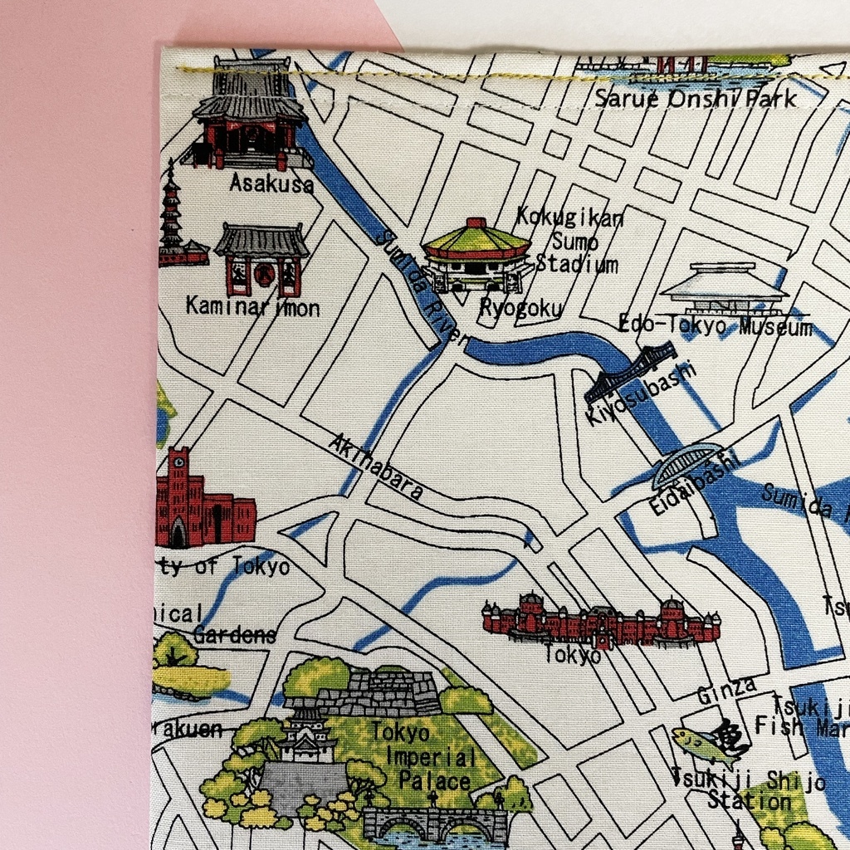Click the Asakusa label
[271, 183]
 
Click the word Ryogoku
[520, 308]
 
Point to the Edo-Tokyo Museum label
[716, 326]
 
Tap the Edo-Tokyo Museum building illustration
[724, 287]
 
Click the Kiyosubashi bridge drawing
[630, 372]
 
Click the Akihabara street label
[376, 467]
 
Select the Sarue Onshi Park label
[696, 98]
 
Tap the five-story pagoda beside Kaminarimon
[173, 220]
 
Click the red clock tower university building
[199, 502]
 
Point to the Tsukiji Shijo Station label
[749, 791]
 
